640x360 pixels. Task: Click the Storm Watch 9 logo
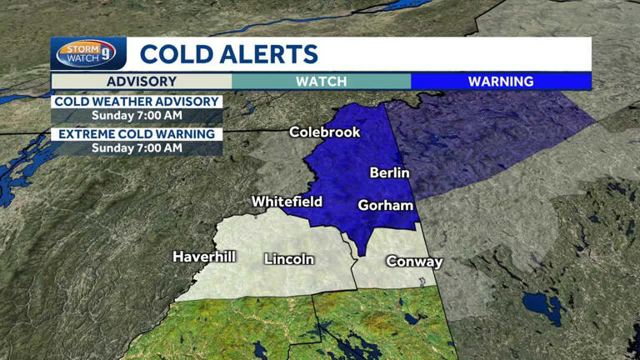click(87, 54)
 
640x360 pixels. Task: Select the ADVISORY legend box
click(141, 82)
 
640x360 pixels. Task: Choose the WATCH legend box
click(321, 82)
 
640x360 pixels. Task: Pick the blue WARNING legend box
click(501, 82)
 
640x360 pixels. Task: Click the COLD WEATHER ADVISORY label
click(137, 102)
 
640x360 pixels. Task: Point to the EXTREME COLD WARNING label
click(137, 134)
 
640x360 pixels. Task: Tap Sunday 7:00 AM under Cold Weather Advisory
click(137, 116)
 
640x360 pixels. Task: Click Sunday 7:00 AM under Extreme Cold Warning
click(137, 148)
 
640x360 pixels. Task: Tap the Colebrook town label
click(324, 132)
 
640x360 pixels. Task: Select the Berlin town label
click(389, 173)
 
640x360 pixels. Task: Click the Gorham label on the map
click(385, 205)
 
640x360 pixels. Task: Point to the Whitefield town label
click(287, 202)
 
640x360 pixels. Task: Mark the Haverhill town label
click(204, 257)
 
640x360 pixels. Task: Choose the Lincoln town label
click(288, 259)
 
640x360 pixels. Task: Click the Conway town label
click(414, 262)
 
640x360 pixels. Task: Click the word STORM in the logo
click(78, 48)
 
